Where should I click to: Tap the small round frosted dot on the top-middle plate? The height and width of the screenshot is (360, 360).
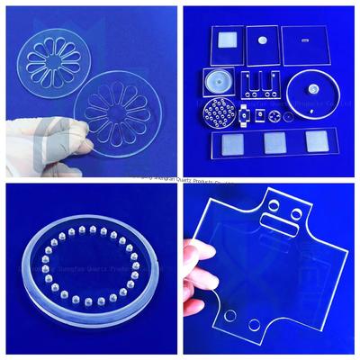tap(262, 40)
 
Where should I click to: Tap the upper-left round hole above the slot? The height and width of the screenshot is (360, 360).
tap(274, 206)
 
